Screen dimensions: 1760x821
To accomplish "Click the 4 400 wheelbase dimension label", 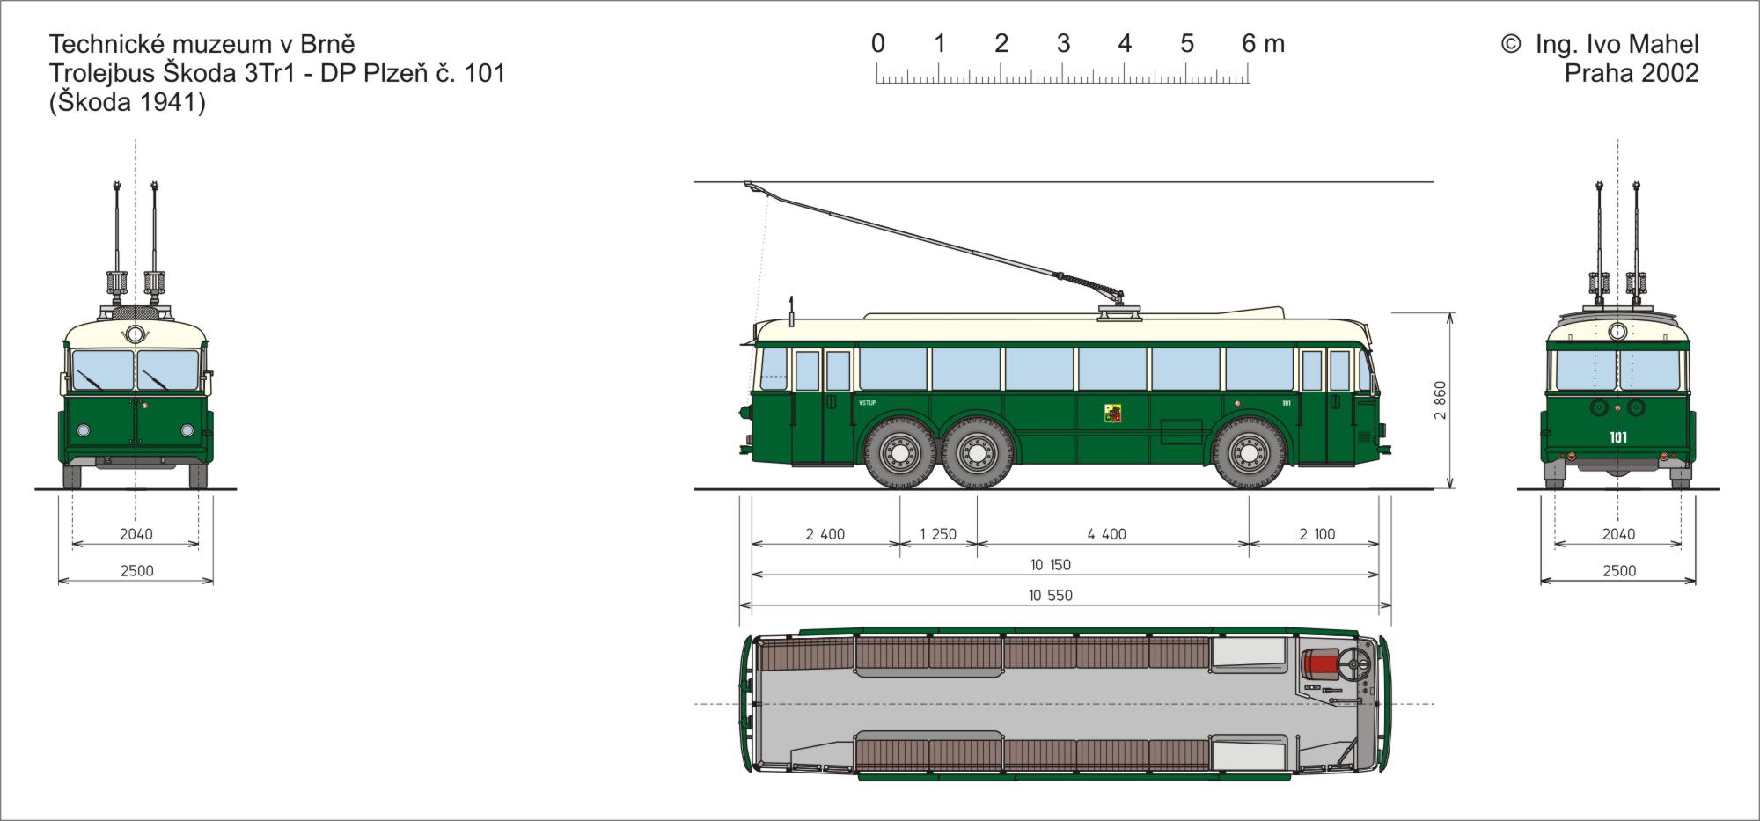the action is click(1106, 534).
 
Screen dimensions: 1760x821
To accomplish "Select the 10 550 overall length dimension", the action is click(1051, 596).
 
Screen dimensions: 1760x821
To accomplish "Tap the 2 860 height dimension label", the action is click(1440, 400).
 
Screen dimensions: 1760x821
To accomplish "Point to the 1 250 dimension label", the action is click(938, 534).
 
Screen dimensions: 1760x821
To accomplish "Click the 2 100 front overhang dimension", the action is click(1317, 534).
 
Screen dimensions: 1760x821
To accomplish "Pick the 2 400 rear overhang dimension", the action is click(825, 534).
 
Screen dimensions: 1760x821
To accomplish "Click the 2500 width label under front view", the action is click(137, 571).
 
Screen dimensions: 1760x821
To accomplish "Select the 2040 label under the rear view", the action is click(1618, 534).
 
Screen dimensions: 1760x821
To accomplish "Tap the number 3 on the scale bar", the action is click(1063, 43).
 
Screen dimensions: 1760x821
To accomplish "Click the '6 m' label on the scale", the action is click(1263, 43).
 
